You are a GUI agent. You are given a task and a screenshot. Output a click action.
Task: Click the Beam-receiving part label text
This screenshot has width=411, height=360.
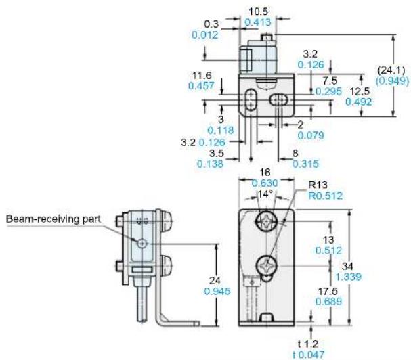tap(53, 219)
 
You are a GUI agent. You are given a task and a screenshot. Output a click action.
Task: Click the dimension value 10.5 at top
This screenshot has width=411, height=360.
tap(259, 12)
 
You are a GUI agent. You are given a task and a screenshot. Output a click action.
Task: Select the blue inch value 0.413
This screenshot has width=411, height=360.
tap(258, 22)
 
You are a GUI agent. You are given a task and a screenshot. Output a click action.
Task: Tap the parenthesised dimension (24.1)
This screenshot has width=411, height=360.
tap(391, 70)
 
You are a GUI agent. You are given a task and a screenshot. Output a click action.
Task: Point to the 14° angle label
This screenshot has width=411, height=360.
tap(265, 194)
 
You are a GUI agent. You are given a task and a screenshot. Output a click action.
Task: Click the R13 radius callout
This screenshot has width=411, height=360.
tap(318, 185)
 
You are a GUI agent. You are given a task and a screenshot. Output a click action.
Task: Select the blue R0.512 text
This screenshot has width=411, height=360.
tap(325, 196)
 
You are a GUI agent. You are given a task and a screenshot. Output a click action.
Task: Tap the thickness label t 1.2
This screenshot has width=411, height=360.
tap(308, 344)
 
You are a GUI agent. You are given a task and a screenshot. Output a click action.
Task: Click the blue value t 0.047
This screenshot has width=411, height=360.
tap(308, 355)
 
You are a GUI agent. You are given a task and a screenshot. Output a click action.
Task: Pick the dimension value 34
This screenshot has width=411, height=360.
tap(347, 266)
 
